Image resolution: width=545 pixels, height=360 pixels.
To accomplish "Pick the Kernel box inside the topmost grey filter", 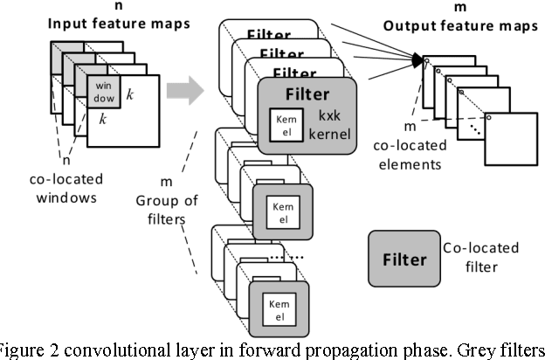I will [282, 121].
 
